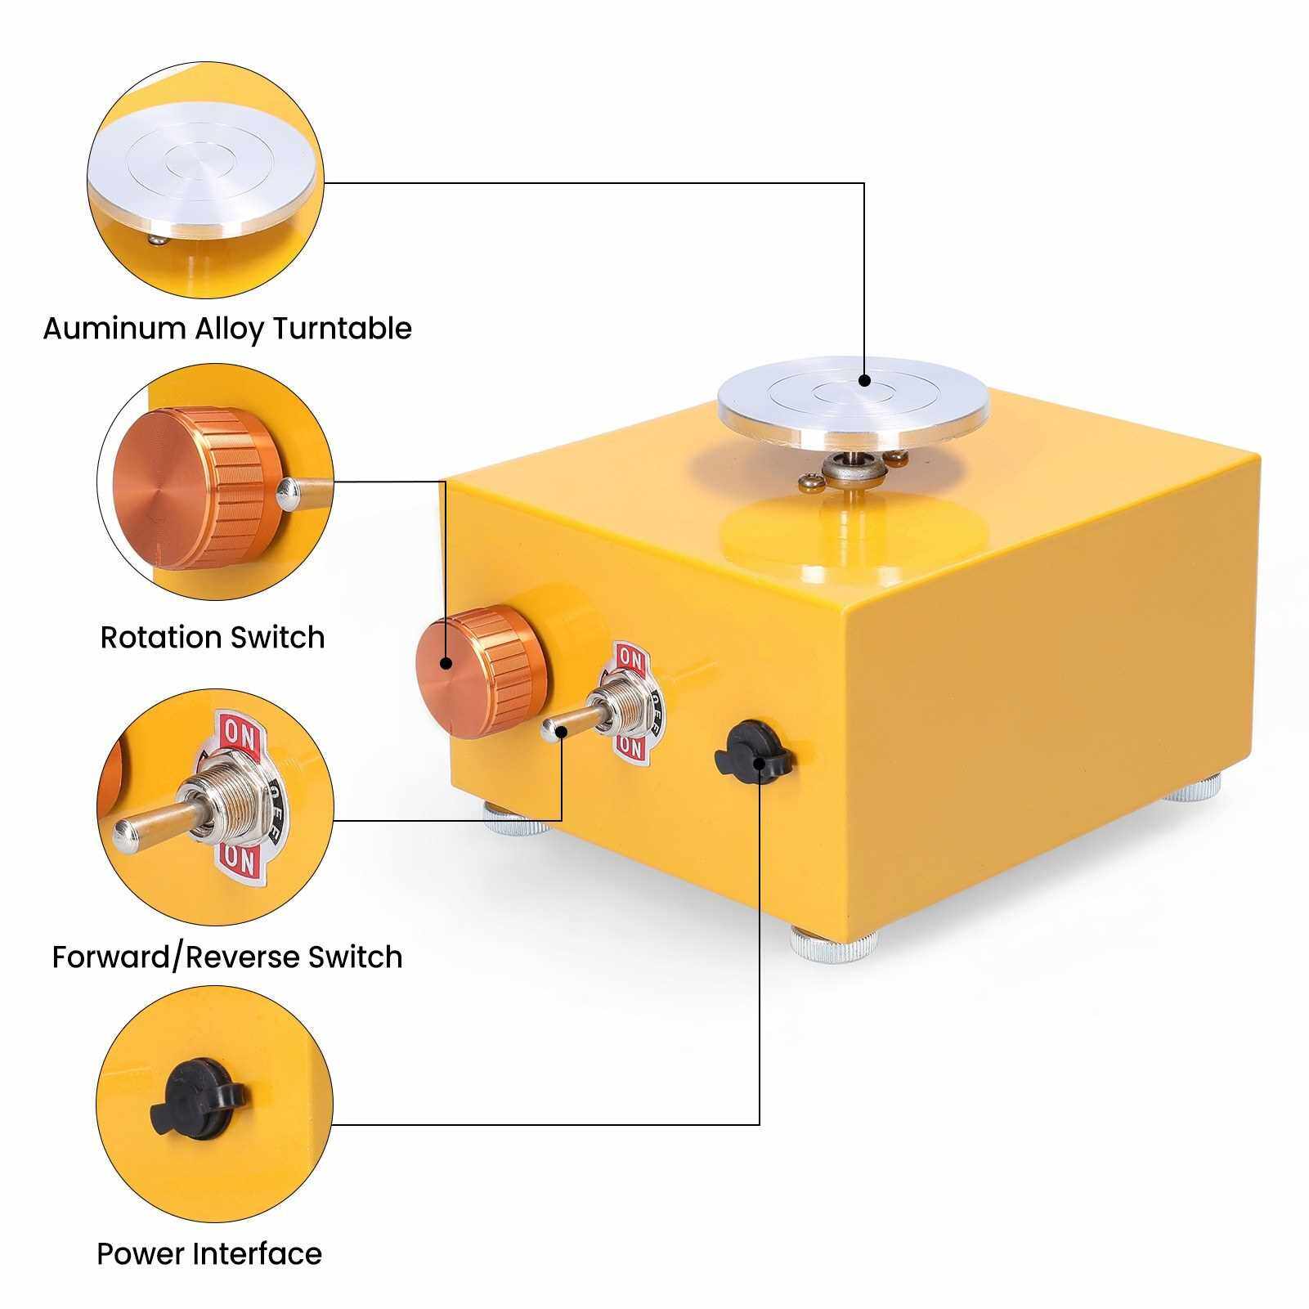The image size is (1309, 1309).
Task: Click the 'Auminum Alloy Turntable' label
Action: click(227, 329)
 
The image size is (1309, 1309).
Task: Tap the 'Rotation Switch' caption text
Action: click(213, 637)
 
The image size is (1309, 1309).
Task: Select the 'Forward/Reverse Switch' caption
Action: click(227, 957)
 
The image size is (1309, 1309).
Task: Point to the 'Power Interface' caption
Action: click(209, 1253)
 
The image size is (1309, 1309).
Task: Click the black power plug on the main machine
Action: click(754, 751)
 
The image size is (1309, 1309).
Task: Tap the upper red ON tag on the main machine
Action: click(629, 657)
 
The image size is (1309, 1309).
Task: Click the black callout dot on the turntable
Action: click(865, 379)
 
